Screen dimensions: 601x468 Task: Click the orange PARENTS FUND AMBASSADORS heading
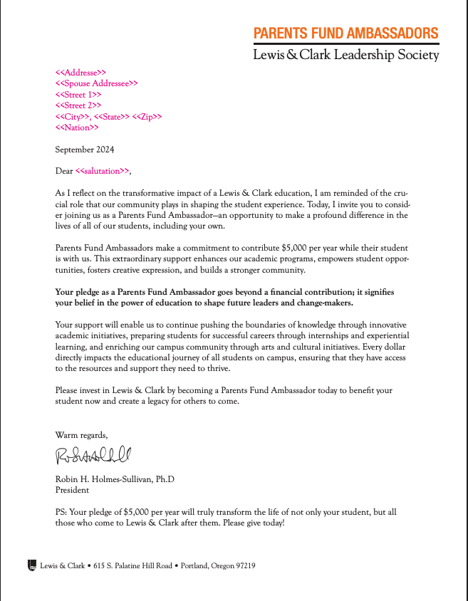(345, 33)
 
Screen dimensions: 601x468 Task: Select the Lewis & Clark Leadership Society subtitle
(345, 55)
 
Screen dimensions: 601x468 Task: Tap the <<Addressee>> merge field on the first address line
(80, 73)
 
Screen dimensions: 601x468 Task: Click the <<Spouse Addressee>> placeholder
(96, 83)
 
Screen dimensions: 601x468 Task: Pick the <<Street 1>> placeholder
(78, 95)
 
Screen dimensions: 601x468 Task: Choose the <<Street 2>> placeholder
(78, 105)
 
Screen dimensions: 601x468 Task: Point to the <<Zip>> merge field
(147, 117)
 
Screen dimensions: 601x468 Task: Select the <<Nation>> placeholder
(77, 127)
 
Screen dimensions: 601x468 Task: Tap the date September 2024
(84, 150)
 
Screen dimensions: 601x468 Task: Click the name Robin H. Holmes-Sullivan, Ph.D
(115, 479)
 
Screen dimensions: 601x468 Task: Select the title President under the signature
(72, 490)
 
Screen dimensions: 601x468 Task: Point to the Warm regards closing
(81, 434)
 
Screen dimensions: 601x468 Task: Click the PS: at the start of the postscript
(61, 512)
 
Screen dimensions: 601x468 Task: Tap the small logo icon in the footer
(31, 565)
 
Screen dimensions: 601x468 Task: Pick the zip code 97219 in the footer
(244, 566)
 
